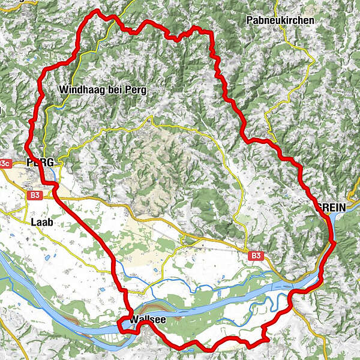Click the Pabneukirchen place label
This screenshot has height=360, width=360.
[x=280, y=20]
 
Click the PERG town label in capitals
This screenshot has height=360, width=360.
[x=40, y=163]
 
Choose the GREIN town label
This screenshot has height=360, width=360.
[x=331, y=207]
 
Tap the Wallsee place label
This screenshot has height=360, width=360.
[x=148, y=320]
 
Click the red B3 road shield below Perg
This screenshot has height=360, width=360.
[x=35, y=194]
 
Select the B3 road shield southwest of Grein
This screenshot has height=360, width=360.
[x=256, y=256]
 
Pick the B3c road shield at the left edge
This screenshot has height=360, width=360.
[x=5, y=163]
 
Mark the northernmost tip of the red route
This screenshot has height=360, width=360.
[x=95, y=11]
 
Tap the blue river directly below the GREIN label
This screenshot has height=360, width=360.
[x=331, y=223]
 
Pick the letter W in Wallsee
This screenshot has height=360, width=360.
[x=134, y=320]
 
